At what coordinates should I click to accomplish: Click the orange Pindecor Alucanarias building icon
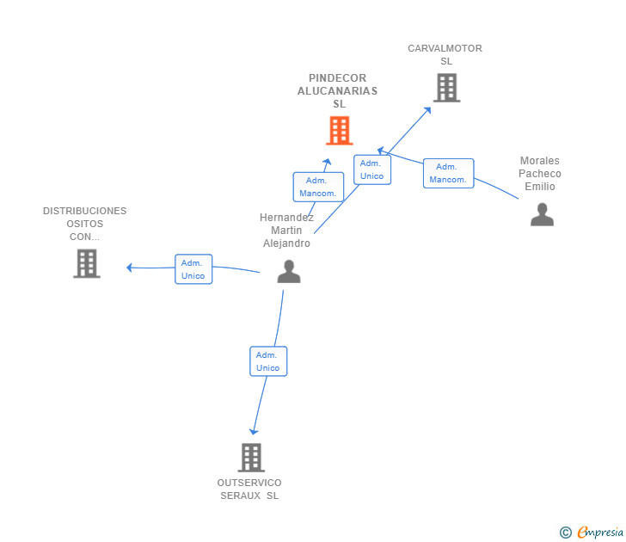pos(340,131)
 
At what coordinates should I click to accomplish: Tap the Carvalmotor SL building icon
pos(446,88)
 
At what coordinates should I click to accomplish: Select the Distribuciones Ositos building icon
pos(87,263)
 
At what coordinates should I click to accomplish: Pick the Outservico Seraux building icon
pos(250,457)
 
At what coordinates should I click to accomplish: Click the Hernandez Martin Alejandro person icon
pos(289,271)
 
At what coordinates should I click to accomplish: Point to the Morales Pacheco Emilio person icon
pos(542,214)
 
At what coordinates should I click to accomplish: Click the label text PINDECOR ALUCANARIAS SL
pos(338,91)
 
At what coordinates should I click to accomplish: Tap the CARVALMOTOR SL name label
pos(445,55)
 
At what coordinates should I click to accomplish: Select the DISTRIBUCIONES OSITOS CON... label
pos(84,224)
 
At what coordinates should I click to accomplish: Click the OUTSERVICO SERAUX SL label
pos(249,489)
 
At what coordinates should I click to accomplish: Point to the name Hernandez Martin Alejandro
pos(286,231)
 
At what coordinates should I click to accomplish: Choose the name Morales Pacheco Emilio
pos(540,174)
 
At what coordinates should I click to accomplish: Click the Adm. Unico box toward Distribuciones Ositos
pos(193,269)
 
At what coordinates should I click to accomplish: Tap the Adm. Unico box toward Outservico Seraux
pos(268,360)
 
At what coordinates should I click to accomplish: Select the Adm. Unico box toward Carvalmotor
pos(372,169)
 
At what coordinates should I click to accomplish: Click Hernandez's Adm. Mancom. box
pos(318,187)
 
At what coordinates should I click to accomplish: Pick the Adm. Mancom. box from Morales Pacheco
pos(448,173)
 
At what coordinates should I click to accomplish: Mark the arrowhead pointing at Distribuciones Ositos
pos(130,268)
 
